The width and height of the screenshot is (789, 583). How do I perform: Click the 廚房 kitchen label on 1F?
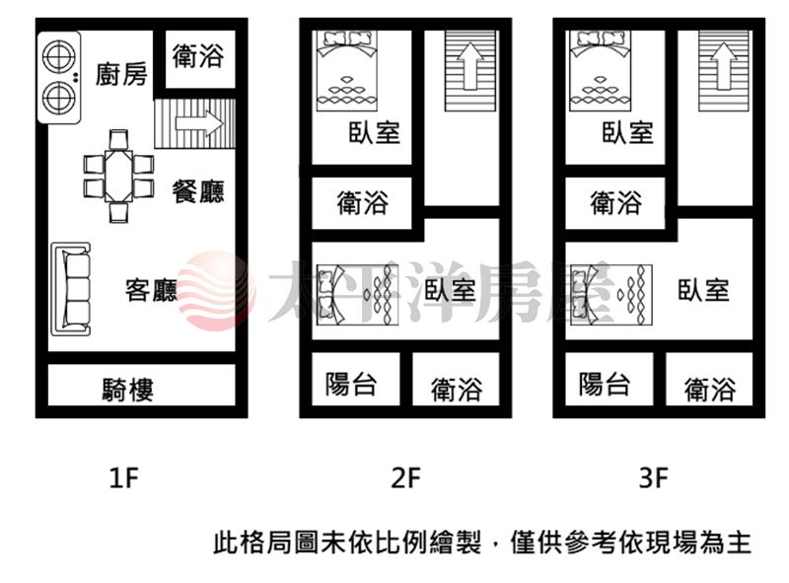click(x=121, y=75)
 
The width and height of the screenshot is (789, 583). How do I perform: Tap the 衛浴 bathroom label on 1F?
click(x=198, y=55)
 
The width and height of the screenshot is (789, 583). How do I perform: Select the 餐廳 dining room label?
click(x=198, y=191)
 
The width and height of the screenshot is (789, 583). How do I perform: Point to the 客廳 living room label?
click(x=152, y=290)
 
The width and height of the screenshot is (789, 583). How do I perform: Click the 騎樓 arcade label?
click(x=128, y=390)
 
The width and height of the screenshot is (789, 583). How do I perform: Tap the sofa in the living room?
click(x=71, y=289)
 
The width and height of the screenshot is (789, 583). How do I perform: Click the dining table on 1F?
click(x=118, y=177)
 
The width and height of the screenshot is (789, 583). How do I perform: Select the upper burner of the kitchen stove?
click(x=59, y=56)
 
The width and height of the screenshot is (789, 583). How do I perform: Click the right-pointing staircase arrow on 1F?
click(x=199, y=123)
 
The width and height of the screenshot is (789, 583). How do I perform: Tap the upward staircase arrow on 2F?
click(x=470, y=66)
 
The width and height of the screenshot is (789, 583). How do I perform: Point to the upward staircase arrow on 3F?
click(x=724, y=66)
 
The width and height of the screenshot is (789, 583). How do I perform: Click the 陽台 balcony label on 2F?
click(x=351, y=384)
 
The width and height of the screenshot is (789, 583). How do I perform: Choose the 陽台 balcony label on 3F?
click(x=605, y=384)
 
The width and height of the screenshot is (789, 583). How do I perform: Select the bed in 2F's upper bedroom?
click(x=347, y=71)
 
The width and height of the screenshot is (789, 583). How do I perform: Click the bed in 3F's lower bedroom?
click(x=610, y=295)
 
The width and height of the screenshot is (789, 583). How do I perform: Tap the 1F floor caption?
click(x=124, y=477)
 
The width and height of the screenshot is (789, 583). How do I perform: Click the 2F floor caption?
click(x=405, y=477)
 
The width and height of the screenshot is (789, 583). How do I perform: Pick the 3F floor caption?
click(x=653, y=477)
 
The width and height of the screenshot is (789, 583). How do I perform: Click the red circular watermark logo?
click(x=217, y=291)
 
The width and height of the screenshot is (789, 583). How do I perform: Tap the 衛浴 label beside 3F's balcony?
click(x=710, y=390)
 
